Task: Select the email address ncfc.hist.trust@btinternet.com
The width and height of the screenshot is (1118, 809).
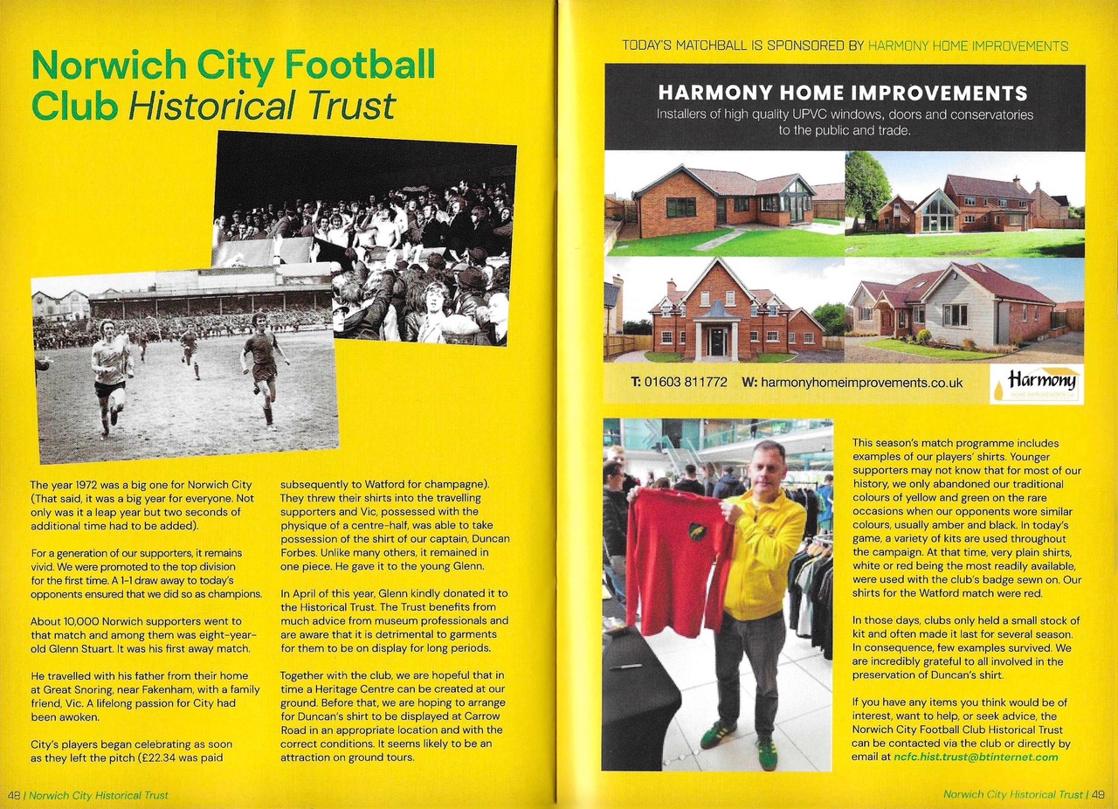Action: click(975, 757)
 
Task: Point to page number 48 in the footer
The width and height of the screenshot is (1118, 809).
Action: click(14, 795)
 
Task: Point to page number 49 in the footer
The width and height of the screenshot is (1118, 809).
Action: click(1098, 795)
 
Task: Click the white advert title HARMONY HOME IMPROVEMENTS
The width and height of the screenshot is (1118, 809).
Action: click(842, 93)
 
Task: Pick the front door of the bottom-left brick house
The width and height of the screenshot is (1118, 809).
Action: click(717, 340)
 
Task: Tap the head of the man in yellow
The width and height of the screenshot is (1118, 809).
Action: click(769, 464)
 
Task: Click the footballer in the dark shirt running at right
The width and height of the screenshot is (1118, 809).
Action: click(263, 367)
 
